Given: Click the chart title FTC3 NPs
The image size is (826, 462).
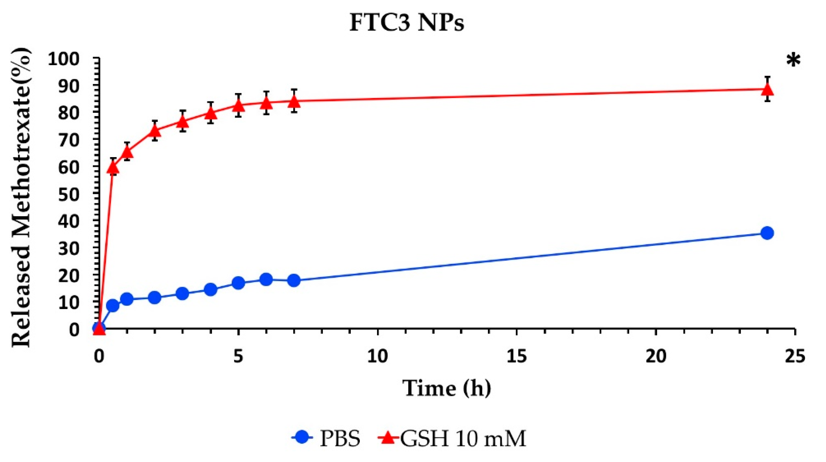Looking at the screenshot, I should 407,23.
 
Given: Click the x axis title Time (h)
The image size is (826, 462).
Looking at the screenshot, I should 446,388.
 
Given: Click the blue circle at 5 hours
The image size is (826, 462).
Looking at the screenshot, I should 238,283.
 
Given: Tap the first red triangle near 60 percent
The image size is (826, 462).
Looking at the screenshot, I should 113,167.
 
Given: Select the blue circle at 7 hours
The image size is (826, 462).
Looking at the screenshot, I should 294,281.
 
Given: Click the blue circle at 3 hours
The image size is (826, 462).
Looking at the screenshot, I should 182,293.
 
